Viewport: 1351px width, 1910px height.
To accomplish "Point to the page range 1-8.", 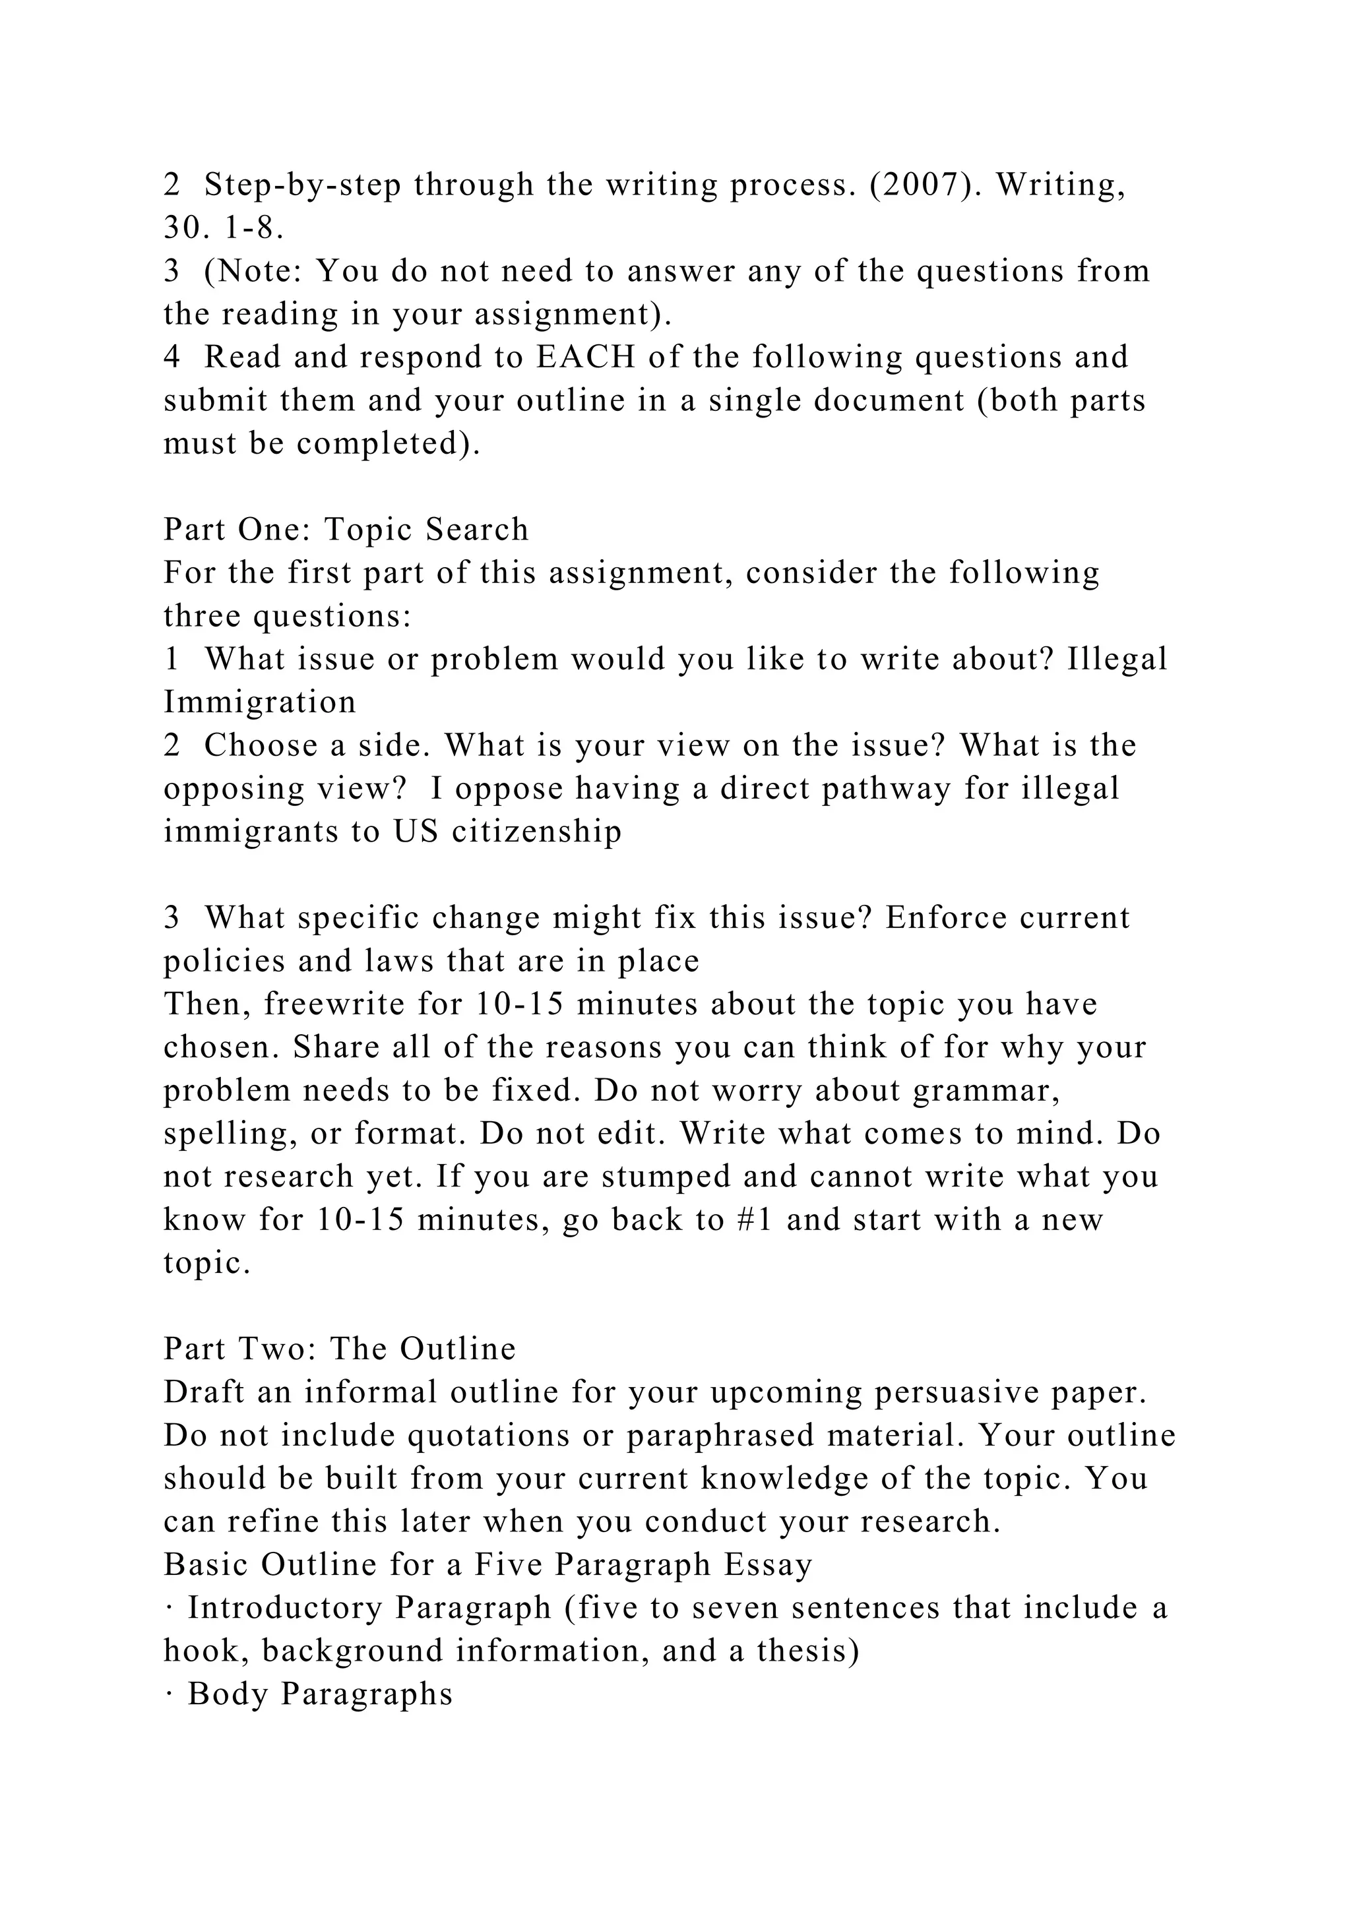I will point(255,228).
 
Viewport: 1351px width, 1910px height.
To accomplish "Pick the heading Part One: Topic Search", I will point(346,530).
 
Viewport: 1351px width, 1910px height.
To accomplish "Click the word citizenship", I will point(536,832).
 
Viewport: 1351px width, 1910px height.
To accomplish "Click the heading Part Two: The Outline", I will point(340,1349).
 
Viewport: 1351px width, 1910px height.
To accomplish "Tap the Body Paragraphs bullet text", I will point(321,1694).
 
